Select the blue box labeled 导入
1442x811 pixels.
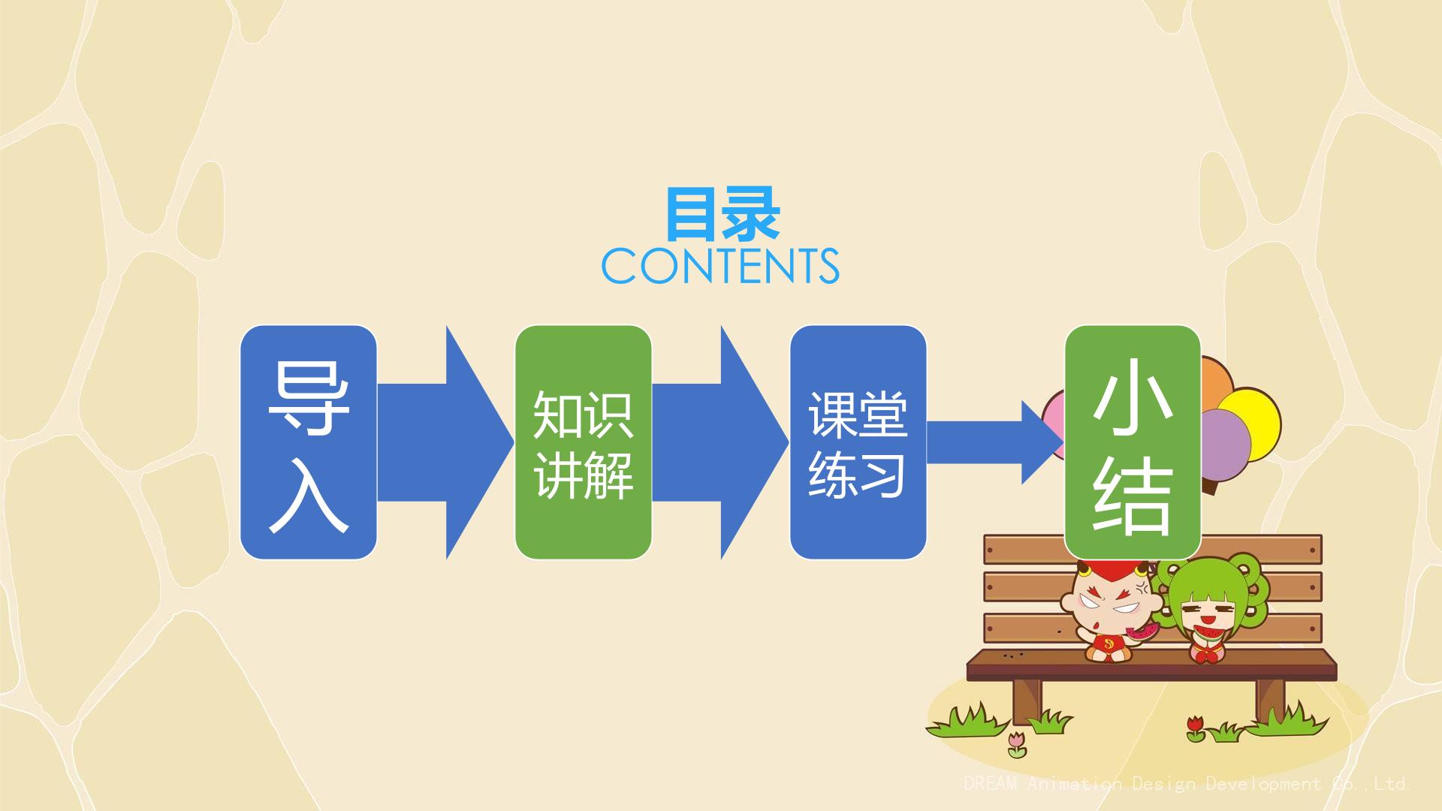click(x=309, y=442)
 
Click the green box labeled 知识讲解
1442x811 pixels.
click(x=584, y=442)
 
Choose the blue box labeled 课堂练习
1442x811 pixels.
click(x=858, y=442)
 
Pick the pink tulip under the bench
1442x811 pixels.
click(x=1016, y=743)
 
